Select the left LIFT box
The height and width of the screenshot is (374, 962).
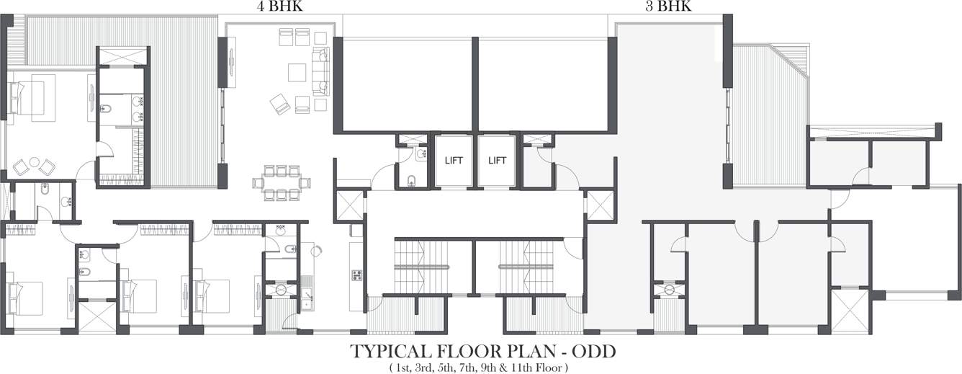pos(453,161)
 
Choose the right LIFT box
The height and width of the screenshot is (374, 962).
pos(498,161)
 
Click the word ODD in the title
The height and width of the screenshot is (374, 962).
pos(593,352)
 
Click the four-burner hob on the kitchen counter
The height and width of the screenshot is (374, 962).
pos(356,275)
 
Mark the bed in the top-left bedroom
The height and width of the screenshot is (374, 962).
pos(27,98)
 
